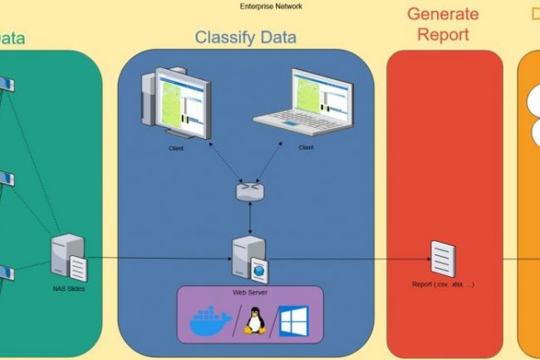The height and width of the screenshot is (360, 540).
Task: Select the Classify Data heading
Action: tap(245, 37)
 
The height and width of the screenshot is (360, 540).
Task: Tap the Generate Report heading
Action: tap(443, 25)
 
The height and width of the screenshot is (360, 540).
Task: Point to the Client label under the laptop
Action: tap(306, 147)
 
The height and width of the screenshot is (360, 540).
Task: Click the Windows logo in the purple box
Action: tap(292, 320)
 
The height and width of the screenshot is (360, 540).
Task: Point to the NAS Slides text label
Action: tap(68, 288)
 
